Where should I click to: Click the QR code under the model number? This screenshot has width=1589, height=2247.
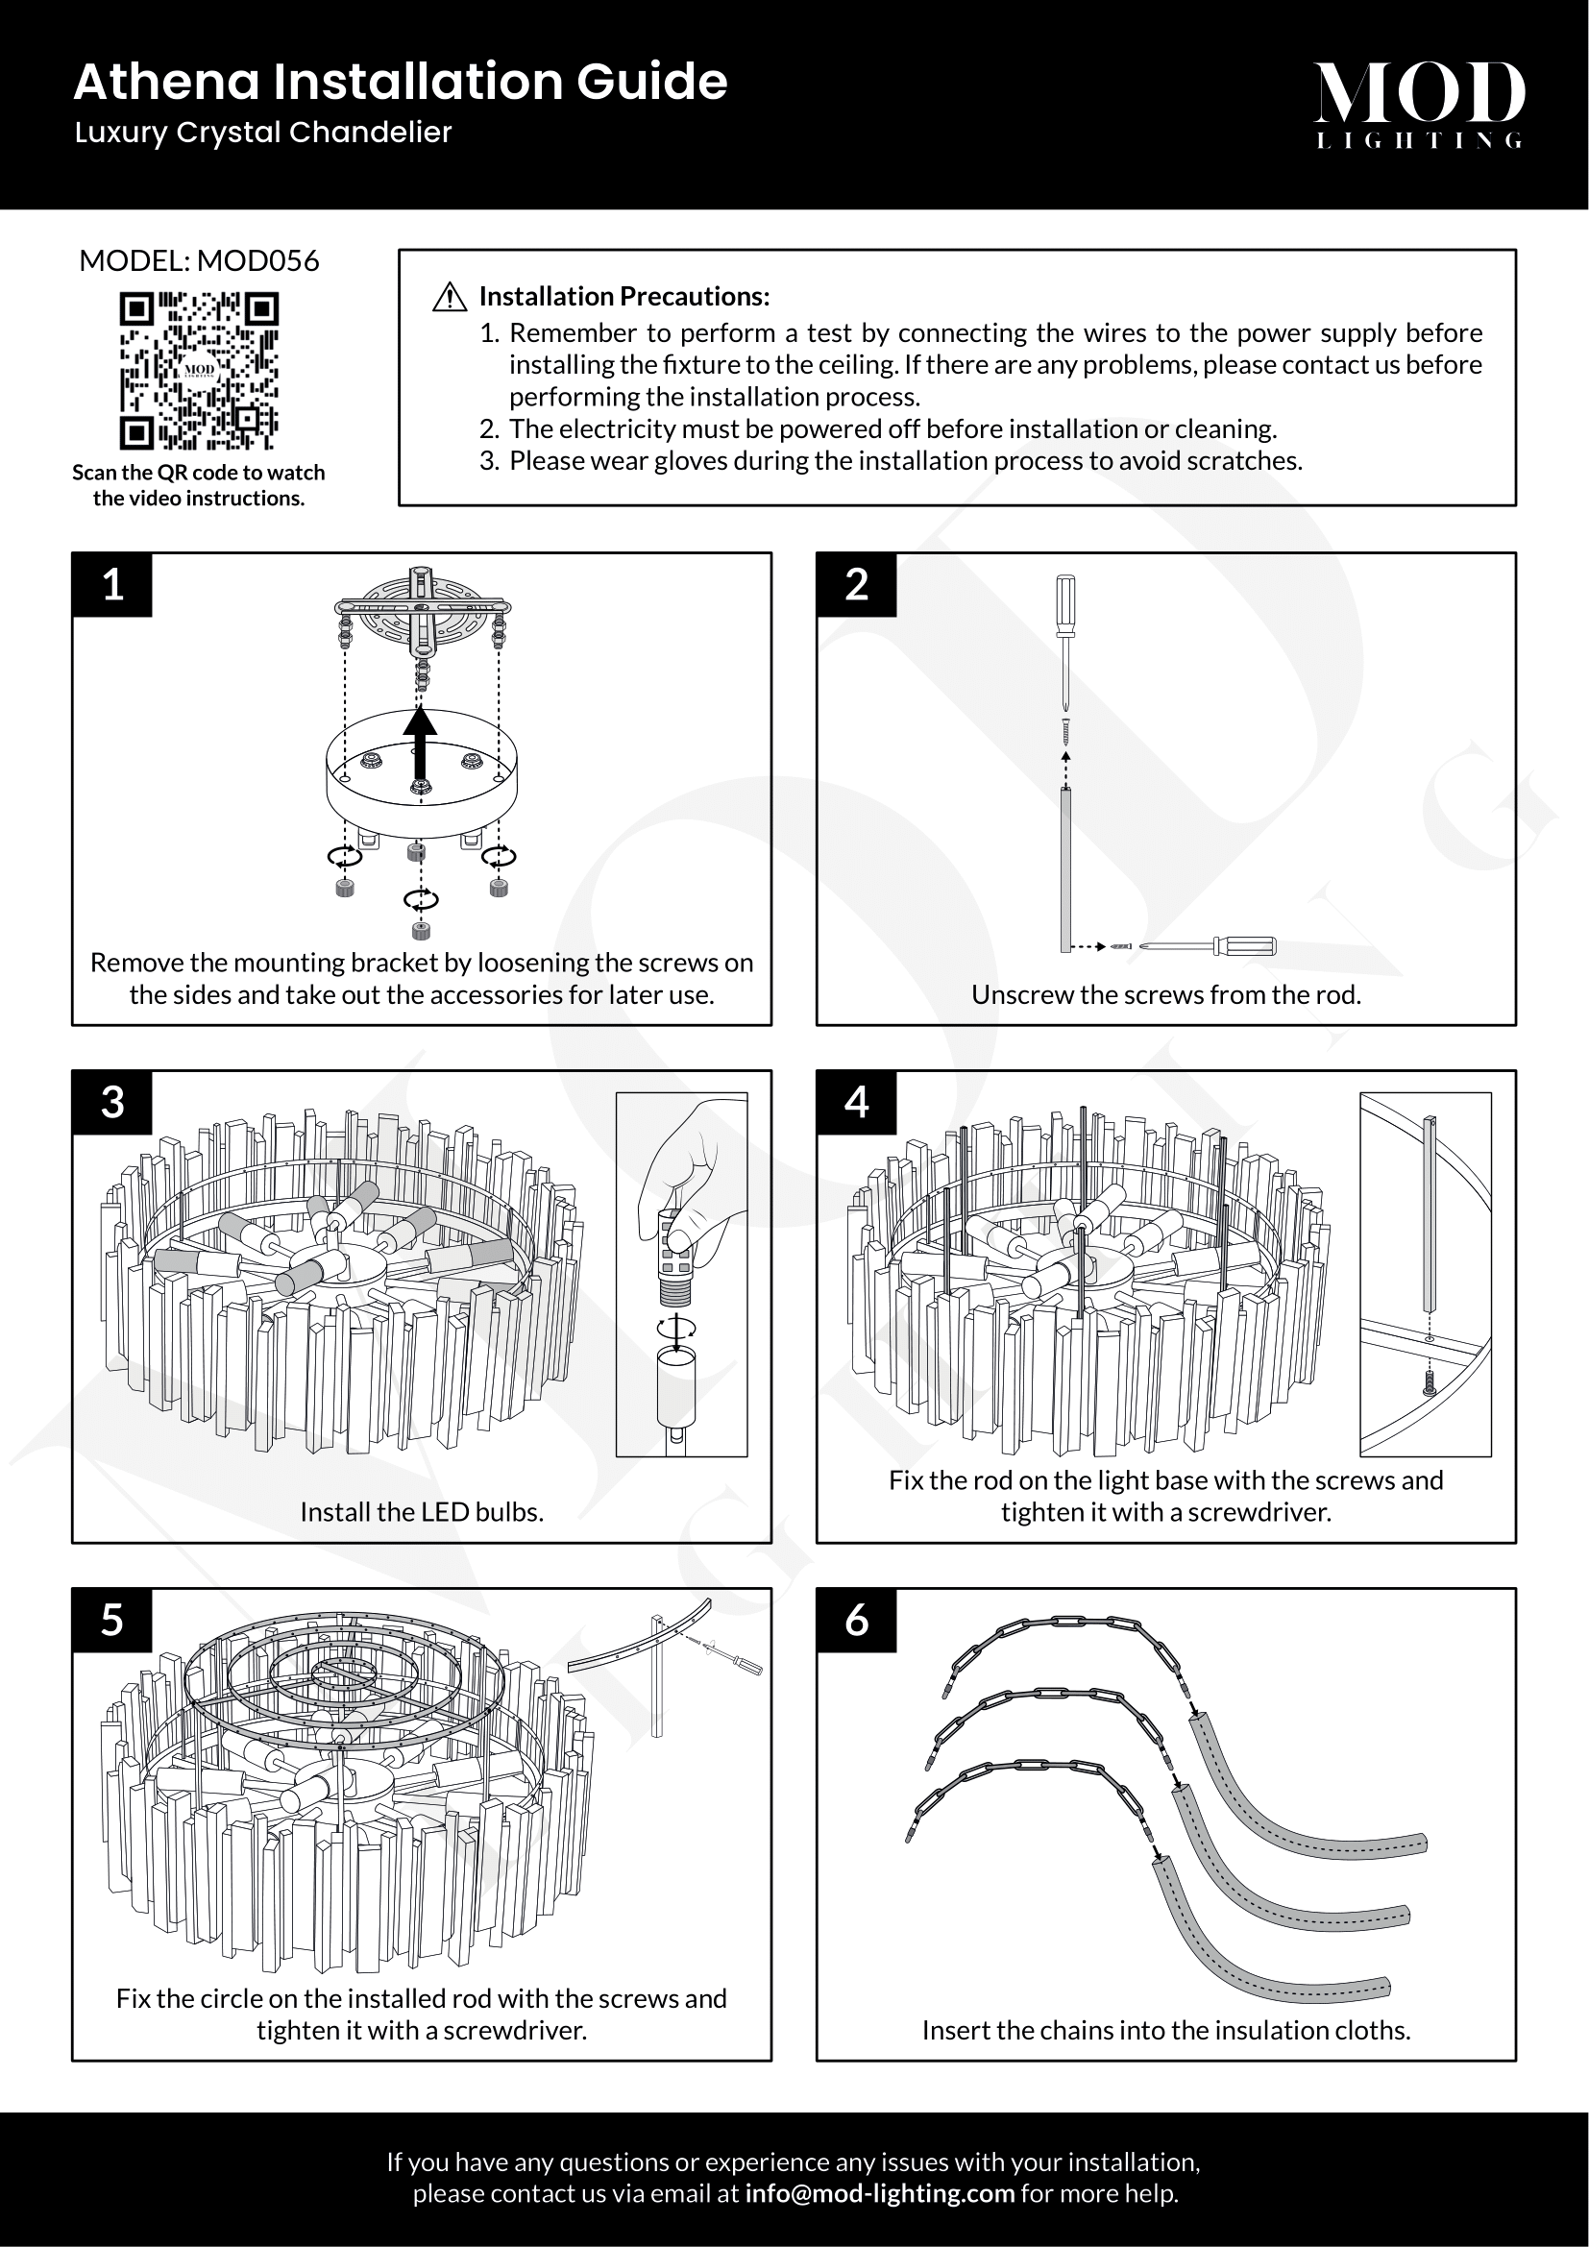point(199,370)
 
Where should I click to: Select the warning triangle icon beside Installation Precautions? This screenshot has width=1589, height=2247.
point(449,297)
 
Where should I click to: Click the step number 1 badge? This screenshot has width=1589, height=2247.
point(112,585)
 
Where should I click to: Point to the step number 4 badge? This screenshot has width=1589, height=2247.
point(856,1103)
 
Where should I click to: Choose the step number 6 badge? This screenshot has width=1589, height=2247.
point(856,1621)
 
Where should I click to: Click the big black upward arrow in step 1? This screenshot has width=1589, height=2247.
point(421,744)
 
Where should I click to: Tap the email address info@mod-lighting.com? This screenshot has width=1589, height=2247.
point(879,2193)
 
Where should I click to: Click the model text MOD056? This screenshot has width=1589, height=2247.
point(258,261)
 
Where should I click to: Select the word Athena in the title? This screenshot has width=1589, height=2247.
point(167,83)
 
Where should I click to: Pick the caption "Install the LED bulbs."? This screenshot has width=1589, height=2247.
point(422,1512)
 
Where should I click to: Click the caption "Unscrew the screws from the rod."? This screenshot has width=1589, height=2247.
point(1165,995)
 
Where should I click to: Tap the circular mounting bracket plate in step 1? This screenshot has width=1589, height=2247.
point(421,607)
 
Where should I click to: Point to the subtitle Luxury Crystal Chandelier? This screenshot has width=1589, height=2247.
point(263,134)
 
